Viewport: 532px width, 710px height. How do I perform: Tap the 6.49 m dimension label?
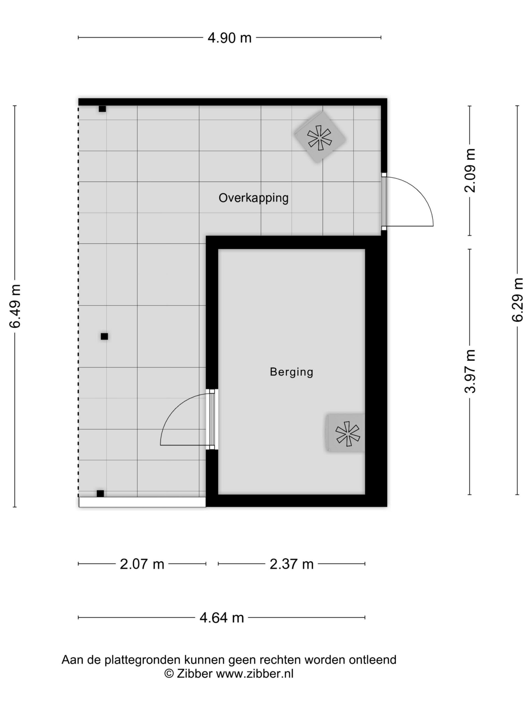coord(15,306)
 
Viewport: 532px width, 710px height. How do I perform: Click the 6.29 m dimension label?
coord(517,300)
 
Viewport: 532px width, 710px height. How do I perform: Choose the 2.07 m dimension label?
coord(142,564)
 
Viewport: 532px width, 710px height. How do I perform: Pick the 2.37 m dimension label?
coord(291,564)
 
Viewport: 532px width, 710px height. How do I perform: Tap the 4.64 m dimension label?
coord(222,618)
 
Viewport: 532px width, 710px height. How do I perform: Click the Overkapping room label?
coord(253,198)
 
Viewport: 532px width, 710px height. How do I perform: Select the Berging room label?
coord(291,372)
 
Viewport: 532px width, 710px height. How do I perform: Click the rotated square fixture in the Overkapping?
coord(320,137)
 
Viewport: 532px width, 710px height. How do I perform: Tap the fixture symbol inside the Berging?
coord(346,433)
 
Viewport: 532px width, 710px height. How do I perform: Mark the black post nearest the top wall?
coord(102,109)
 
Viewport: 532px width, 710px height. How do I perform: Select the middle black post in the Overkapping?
coord(104,336)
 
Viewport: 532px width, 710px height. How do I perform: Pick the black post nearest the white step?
coord(100,494)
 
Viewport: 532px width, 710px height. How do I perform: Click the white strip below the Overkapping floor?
coord(142,502)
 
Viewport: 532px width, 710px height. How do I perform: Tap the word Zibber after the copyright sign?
coord(195,673)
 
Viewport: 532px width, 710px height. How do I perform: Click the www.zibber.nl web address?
coord(255,673)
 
